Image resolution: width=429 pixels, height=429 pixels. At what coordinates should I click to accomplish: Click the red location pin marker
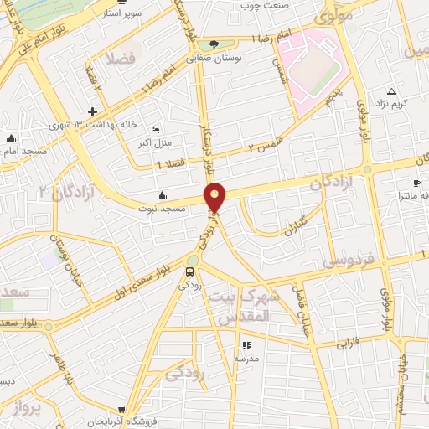[x=216, y=196]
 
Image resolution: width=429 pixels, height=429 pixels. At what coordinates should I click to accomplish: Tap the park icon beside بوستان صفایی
[x=215, y=43]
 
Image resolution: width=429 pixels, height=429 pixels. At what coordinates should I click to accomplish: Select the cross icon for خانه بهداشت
[x=92, y=111]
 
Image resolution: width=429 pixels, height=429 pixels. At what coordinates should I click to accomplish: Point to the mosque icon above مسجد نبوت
[x=161, y=195]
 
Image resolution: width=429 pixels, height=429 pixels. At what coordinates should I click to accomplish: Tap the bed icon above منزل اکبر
[x=155, y=131]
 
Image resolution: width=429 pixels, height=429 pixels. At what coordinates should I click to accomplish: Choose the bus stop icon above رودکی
[x=189, y=271]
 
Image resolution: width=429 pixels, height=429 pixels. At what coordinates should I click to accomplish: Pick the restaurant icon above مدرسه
[x=246, y=345]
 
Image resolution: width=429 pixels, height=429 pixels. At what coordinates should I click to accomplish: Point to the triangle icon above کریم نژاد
[x=390, y=90]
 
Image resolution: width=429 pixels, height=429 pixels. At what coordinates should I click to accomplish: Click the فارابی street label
[x=347, y=343]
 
